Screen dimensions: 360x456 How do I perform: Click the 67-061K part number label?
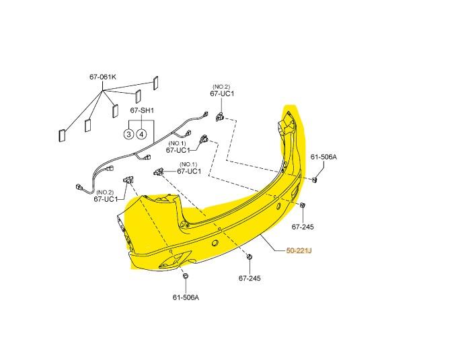pos(103,77)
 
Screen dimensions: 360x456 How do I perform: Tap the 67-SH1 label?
pos(142,110)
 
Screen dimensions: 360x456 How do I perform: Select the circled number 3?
pos(128,133)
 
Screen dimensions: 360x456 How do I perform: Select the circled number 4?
pos(142,133)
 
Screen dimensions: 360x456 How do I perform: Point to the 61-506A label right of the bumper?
pos(323,157)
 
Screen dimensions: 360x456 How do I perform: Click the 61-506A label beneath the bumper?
pos(186,297)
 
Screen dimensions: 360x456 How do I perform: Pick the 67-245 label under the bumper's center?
pos(249,277)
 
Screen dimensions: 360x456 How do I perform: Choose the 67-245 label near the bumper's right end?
pos(303,227)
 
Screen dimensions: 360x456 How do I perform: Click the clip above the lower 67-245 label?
pos(250,256)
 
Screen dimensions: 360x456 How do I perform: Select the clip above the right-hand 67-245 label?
pos(303,205)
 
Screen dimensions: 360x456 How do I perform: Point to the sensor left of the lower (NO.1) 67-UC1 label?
pos(160,171)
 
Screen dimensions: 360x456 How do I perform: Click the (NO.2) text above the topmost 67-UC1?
pos(221,86)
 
